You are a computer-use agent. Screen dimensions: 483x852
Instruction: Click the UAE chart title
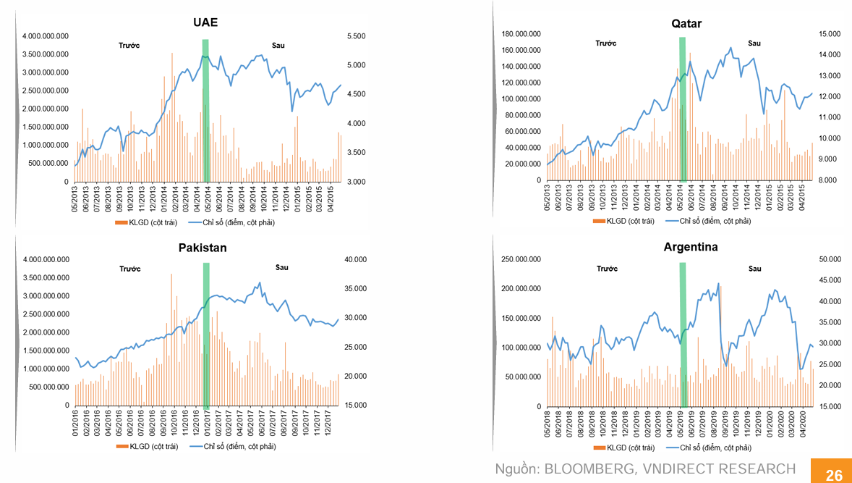pos(205,22)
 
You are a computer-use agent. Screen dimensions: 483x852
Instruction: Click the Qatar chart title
pos(686,23)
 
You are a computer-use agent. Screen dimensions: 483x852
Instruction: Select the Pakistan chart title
pos(203,248)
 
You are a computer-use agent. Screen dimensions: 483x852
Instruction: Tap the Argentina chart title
pos(691,247)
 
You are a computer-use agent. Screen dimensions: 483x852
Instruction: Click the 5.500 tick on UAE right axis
pos(357,36)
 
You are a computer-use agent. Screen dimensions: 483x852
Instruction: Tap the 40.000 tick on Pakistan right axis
pos(357,259)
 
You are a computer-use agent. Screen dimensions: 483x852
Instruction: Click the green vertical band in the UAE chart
pos(205,109)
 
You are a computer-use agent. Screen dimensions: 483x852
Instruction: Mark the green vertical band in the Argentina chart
pos(682,333)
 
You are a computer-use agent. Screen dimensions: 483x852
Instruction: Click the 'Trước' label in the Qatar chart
pos(606,43)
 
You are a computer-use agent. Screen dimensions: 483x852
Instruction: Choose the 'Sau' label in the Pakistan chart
pos(281,268)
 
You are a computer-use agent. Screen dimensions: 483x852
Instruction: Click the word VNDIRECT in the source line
pos(686,469)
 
